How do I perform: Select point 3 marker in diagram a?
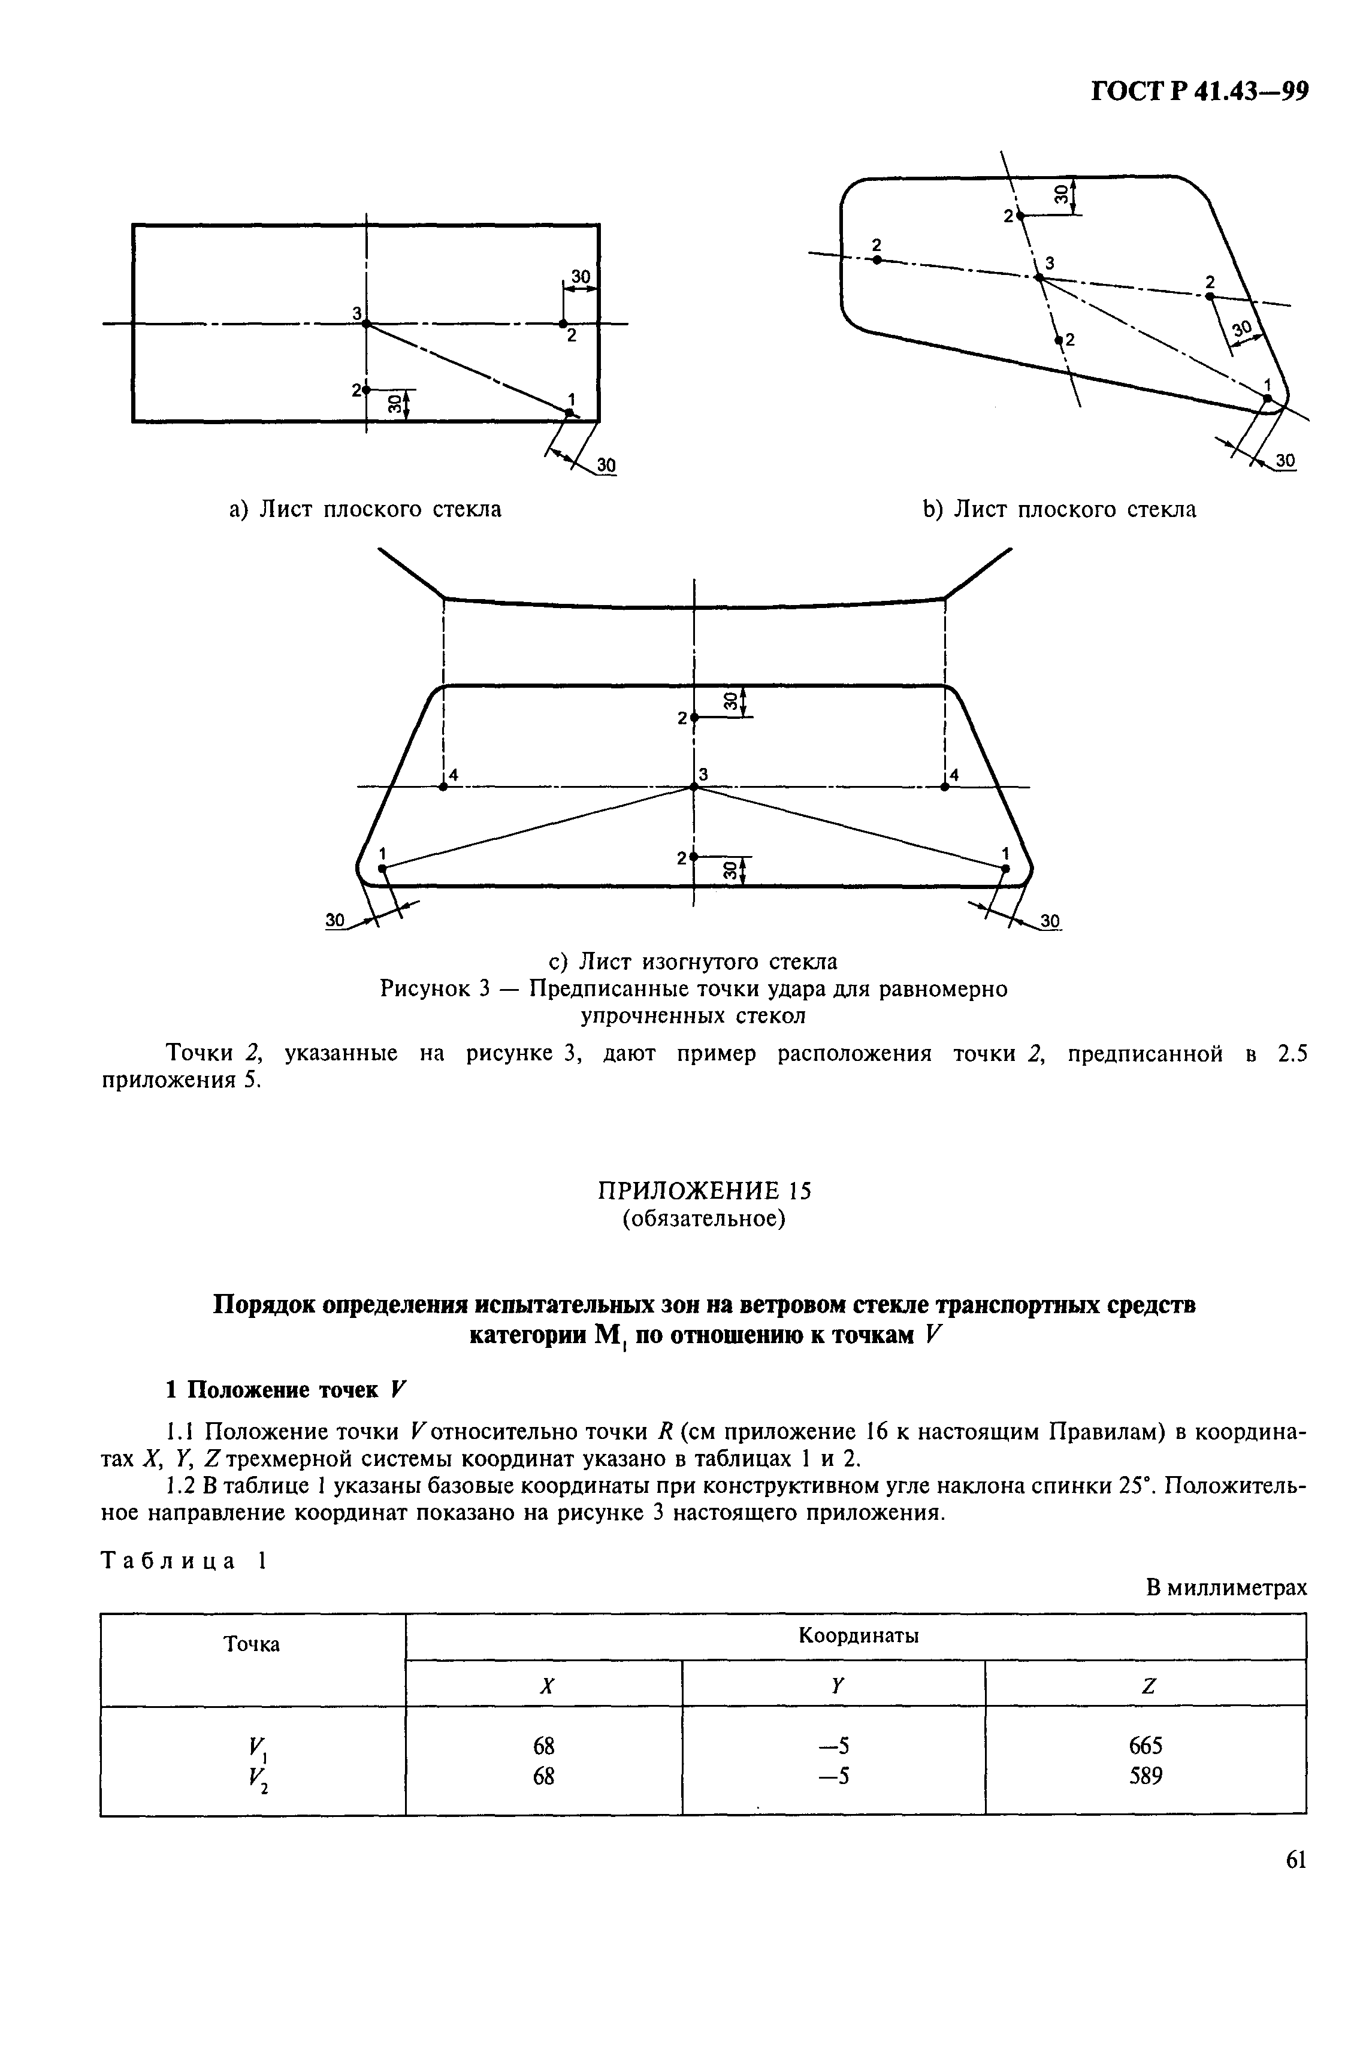[366, 323]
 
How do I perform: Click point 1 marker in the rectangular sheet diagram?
[569, 413]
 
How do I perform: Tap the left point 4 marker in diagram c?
[443, 787]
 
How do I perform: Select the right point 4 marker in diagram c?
[945, 787]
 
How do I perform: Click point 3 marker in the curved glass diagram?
[693, 787]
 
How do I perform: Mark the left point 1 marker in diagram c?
[382, 867]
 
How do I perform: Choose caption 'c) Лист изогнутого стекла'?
[694, 961]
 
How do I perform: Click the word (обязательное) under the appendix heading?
[705, 1219]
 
